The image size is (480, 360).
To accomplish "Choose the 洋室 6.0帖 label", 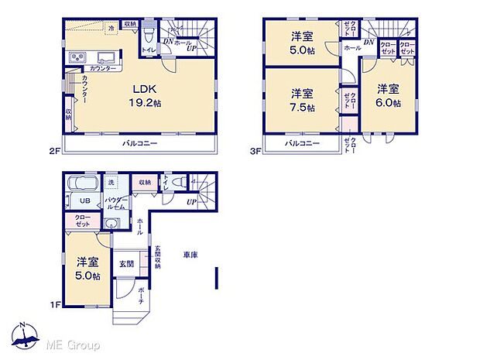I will (389, 97).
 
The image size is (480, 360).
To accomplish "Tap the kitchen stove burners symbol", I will (79, 59).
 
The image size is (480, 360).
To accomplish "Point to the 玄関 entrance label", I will (125, 263).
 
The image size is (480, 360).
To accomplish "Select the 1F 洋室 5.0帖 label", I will (87, 269).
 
